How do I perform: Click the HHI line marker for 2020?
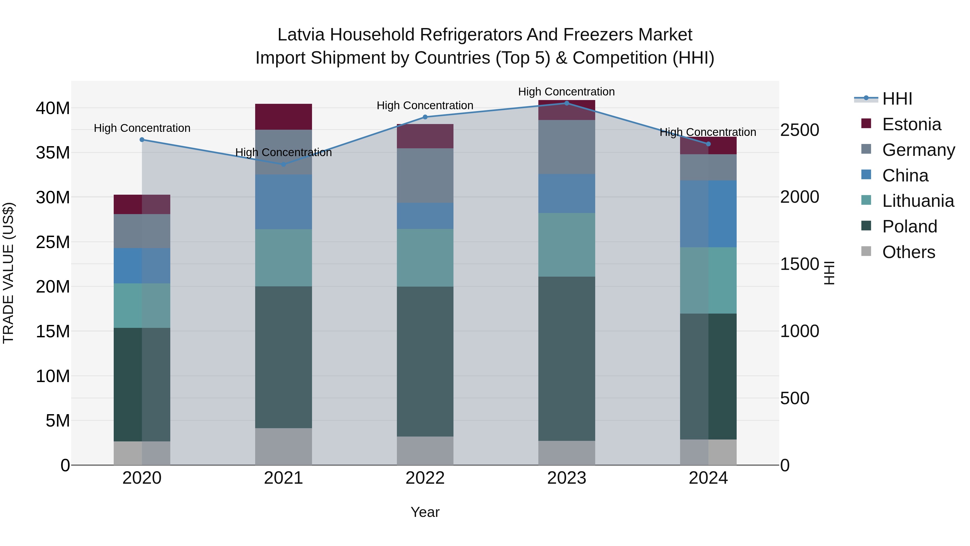pyautogui.click(x=142, y=140)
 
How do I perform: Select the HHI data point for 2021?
pyautogui.click(x=283, y=164)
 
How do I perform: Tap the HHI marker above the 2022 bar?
pyautogui.click(x=425, y=117)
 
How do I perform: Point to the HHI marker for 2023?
pyautogui.click(x=567, y=103)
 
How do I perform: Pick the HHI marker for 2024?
pyautogui.click(x=708, y=144)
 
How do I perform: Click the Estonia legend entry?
pyautogui.click(x=911, y=124)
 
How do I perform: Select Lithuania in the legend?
pyautogui.click(x=918, y=201)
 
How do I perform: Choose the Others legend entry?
pyautogui.click(x=908, y=252)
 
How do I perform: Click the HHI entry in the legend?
pyautogui.click(x=897, y=99)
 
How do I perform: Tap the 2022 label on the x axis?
pyautogui.click(x=425, y=478)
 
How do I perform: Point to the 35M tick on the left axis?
pyautogui.click(x=53, y=153)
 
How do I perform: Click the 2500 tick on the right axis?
pyautogui.click(x=799, y=130)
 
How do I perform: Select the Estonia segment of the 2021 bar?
pyautogui.click(x=283, y=117)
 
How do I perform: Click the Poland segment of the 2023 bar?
pyautogui.click(x=567, y=358)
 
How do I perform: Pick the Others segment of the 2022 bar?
pyautogui.click(x=425, y=451)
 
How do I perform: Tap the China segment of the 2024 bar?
pyautogui.click(x=708, y=214)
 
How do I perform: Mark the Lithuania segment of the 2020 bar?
pyautogui.click(x=142, y=305)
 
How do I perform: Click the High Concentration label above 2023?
pyautogui.click(x=566, y=92)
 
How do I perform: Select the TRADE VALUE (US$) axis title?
pyautogui.click(x=8, y=273)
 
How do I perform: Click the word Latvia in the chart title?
pyautogui.click(x=301, y=35)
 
